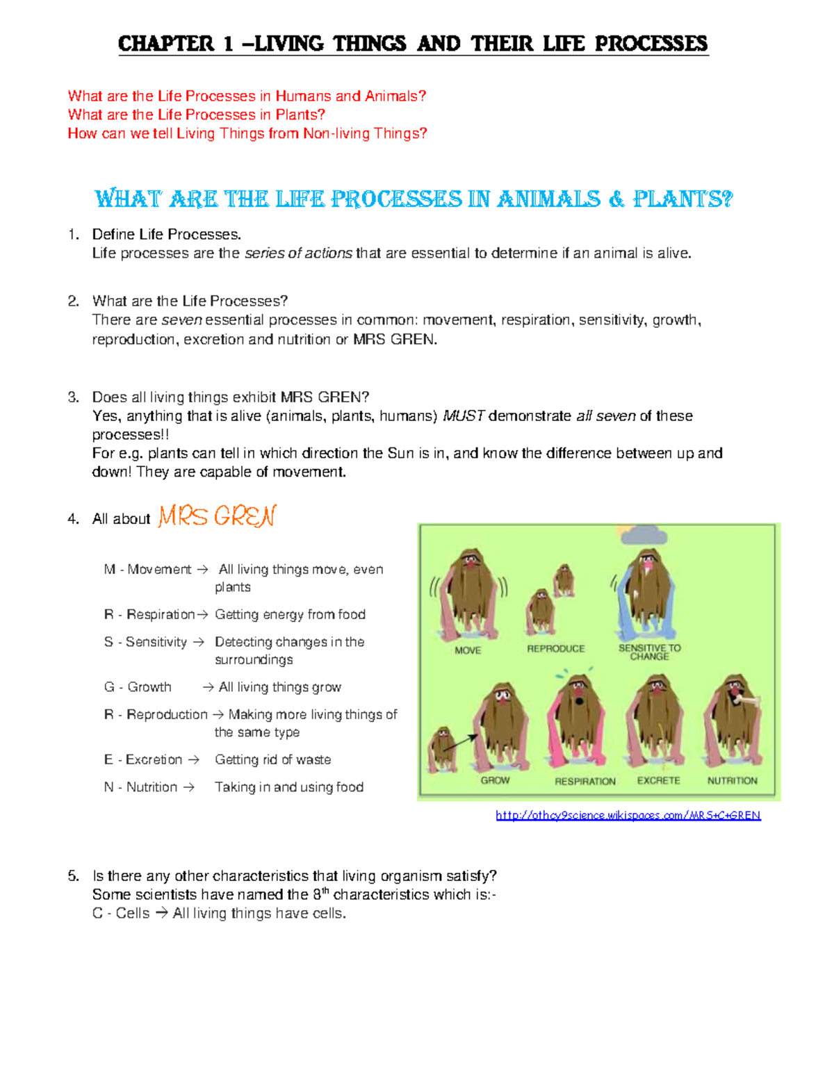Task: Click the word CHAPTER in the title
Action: (x=165, y=44)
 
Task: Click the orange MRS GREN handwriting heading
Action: (x=217, y=516)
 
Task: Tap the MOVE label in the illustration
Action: (x=468, y=650)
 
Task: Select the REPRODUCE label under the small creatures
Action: (x=555, y=648)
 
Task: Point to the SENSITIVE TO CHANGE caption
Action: (x=649, y=652)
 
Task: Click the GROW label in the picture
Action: (x=495, y=780)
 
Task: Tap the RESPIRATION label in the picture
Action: (x=585, y=781)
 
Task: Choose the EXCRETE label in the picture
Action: (x=658, y=780)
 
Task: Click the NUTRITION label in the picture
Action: (x=732, y=780)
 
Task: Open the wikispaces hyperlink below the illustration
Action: (x=628, y=815)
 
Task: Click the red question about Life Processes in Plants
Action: (x=196, y=115)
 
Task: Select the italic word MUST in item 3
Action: (x=464, y=416)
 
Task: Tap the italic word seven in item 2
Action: (x=181, y=320)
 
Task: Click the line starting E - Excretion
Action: (x=218, y=759)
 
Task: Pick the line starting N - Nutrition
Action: (x=234, y=786)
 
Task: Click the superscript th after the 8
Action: (x=325, y=890)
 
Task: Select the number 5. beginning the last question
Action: (x=74, y=875)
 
